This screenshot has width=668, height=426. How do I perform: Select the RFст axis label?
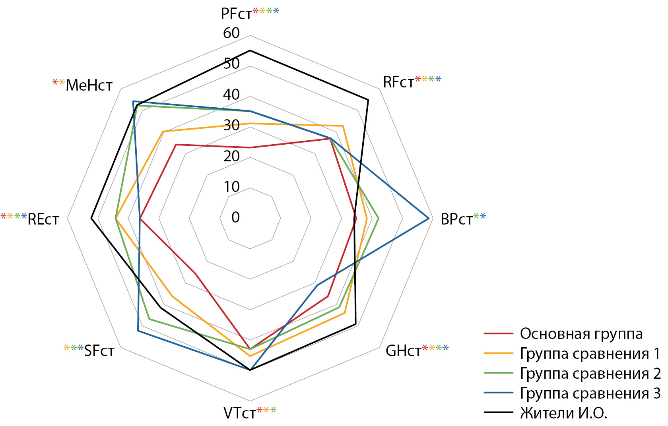tap(398, 82)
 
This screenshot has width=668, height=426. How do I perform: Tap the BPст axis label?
tap(456, 219)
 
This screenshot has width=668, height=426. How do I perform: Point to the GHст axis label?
tap(403, 350)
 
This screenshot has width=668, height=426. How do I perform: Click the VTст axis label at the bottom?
tap(240, 413)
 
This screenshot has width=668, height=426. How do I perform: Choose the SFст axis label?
tap(99, 350)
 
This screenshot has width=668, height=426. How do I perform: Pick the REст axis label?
tap(43, 219)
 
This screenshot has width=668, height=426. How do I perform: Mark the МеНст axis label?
tap(89, 85)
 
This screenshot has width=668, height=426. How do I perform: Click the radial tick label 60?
tap(231, 33)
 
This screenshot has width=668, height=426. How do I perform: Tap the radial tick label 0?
tap(235, 217)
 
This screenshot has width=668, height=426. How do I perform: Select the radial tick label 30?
tap(231, 125)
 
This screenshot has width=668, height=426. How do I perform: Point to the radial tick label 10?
tap(231, 186)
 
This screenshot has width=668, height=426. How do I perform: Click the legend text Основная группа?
tap(581, 334)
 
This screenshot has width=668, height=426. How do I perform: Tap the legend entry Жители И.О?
tap(563, 413)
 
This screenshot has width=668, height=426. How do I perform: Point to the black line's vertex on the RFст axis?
tap(368, 100)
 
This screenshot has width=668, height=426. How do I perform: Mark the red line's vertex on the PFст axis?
tap(250, 147)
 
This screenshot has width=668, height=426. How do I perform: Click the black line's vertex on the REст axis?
tap(91, 218)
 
